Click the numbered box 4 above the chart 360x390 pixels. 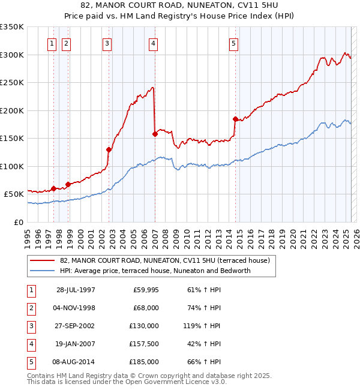point(154,43)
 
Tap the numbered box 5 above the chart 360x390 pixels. point(233,43)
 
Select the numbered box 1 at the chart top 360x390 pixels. point(52,43)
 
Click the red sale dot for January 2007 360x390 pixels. point(155,134)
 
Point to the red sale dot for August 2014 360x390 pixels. point(235,119)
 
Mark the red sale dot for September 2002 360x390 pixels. point(109,149)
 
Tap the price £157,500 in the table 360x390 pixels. point(145,344)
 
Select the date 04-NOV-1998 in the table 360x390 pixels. point(76,308)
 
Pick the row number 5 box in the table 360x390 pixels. point(30,362)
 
